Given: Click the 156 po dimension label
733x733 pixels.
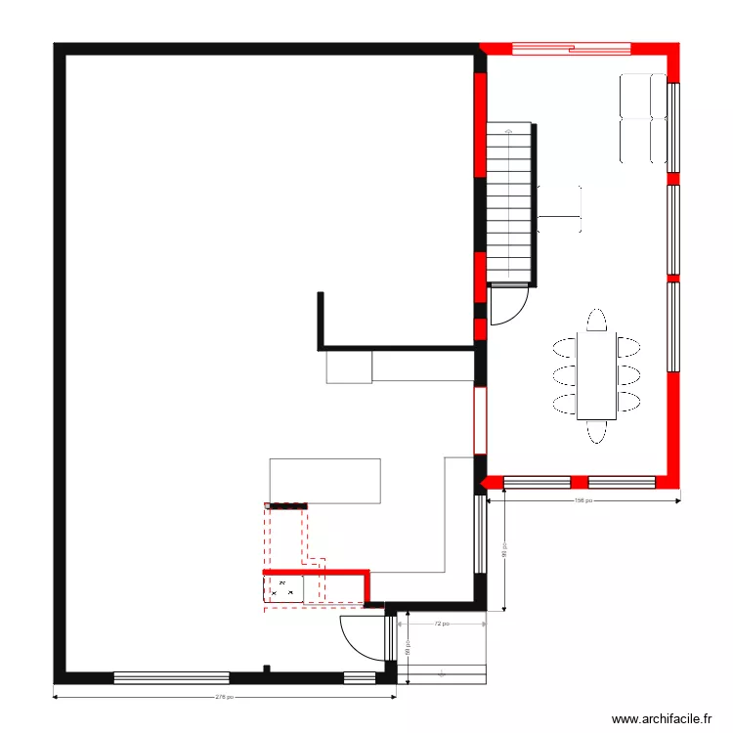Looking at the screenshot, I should [x=582, y=501].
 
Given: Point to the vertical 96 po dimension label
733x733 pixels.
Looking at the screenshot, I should [x=503, y=552].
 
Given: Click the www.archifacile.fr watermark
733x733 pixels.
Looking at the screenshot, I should [x=663, y=718].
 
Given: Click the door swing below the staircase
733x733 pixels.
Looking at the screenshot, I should [x=506, y=306].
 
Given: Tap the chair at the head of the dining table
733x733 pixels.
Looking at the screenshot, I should [x=597, y=321].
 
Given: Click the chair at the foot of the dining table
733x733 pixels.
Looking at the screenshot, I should [x=597, y=431].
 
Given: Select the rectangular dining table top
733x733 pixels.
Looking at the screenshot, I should [x=597, y=376].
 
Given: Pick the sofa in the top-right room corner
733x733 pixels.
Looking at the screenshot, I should [x=643, y=117].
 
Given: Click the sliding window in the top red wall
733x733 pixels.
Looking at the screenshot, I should [x=572, y=46].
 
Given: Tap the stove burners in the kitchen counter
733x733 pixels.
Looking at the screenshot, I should [x=283, y=588].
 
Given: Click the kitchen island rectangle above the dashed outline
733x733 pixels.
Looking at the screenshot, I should [x=324, y=480].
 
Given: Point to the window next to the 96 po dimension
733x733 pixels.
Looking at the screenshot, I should [x=481, y=535].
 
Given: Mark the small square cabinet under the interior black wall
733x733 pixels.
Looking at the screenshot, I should [x=349, y=366].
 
